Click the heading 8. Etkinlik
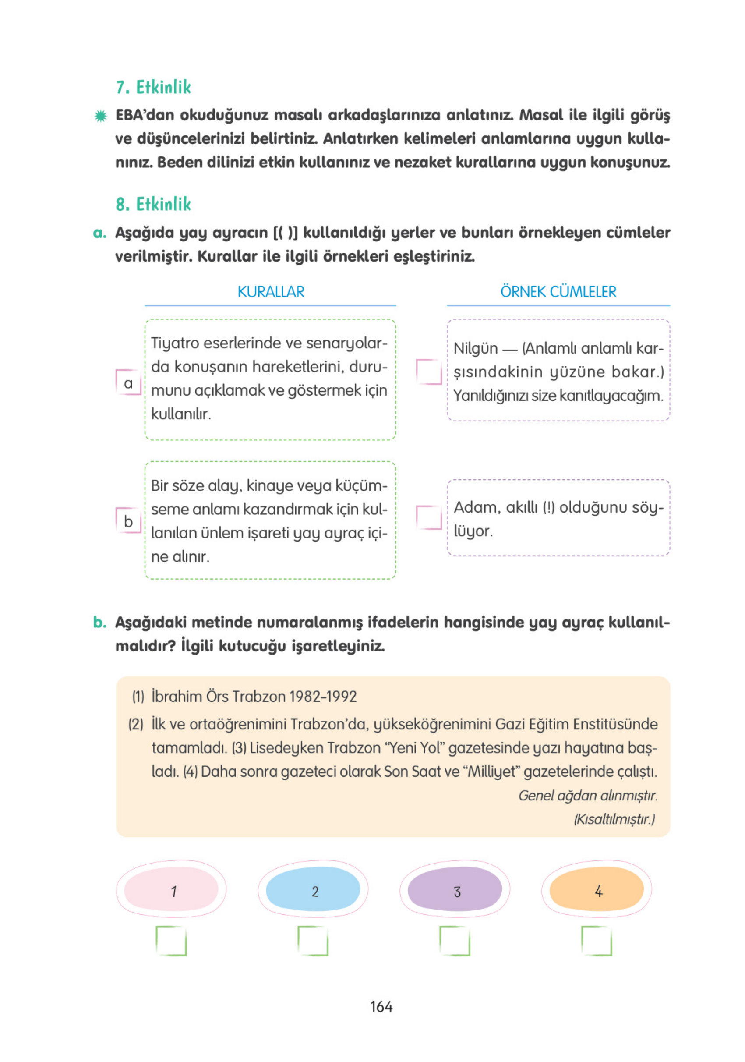[153, 205]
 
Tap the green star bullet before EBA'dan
[100, 116]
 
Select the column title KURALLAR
[271, 292]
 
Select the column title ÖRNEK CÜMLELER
[558, 292]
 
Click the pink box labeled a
[128, 382]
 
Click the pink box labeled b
[128, 520]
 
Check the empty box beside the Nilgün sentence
[429, 372]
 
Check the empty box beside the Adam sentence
[429, 517]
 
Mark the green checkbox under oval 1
[171, 941]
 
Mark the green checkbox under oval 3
[455, 941]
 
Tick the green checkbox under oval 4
[596, 941]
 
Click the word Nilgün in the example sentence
[475, 348]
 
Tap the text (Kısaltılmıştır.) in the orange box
[614, 819]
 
